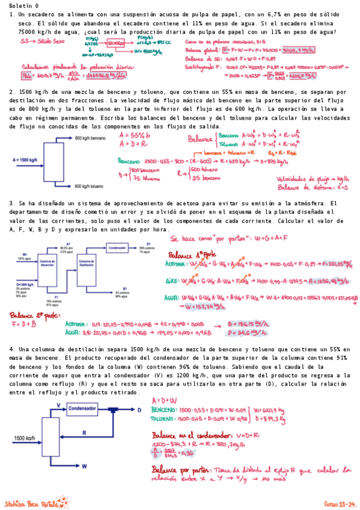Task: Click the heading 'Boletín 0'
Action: (x=22, y=5)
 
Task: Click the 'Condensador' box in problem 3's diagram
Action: (x=120, y=247)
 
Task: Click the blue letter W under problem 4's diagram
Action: (x=84, y=466)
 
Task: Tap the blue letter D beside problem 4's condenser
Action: (x=139, y=409)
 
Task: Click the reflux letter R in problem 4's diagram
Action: (x=84, y=432)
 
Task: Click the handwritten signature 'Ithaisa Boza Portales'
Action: (x=32, y=502)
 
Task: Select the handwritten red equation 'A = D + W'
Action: (x=164, y=400)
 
